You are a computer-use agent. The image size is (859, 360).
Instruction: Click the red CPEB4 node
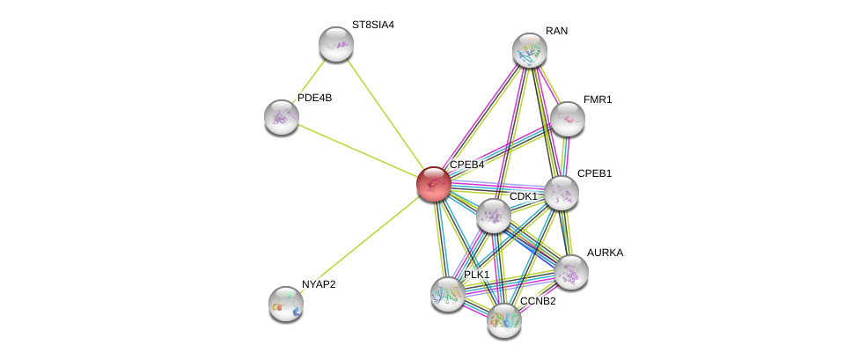pos(433,184)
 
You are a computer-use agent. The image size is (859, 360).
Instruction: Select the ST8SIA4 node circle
pos(335,44)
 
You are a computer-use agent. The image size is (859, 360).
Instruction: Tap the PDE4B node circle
pos(282,117)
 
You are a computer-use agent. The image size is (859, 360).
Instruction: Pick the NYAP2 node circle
pos(286,304)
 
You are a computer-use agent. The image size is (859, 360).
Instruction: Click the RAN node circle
pos(530,50)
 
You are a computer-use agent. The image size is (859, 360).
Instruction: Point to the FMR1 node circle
pos(568,119)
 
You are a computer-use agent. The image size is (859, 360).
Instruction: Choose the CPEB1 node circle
pos(562,193)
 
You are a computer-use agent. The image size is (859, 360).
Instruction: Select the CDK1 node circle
pos(493,216)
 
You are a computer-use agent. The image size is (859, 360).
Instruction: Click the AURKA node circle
pos(571,272)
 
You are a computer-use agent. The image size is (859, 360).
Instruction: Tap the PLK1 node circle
pos(448,294)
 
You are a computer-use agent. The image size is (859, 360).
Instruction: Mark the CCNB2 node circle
pos(504,320)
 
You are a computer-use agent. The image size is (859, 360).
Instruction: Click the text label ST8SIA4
pos(373,25)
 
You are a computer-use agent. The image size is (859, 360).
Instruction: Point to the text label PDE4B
pos(314,98)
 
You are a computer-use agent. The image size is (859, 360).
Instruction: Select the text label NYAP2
pos(319,284)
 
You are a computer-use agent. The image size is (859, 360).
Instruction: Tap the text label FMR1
pos(598,99)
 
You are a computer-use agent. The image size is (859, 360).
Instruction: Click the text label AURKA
pos(605,253)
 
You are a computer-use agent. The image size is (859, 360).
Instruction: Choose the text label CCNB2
pos(538,301)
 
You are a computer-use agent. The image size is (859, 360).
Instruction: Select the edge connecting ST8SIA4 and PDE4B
pos(309,80)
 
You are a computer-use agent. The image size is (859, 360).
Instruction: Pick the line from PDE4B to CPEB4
pos(356,150)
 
